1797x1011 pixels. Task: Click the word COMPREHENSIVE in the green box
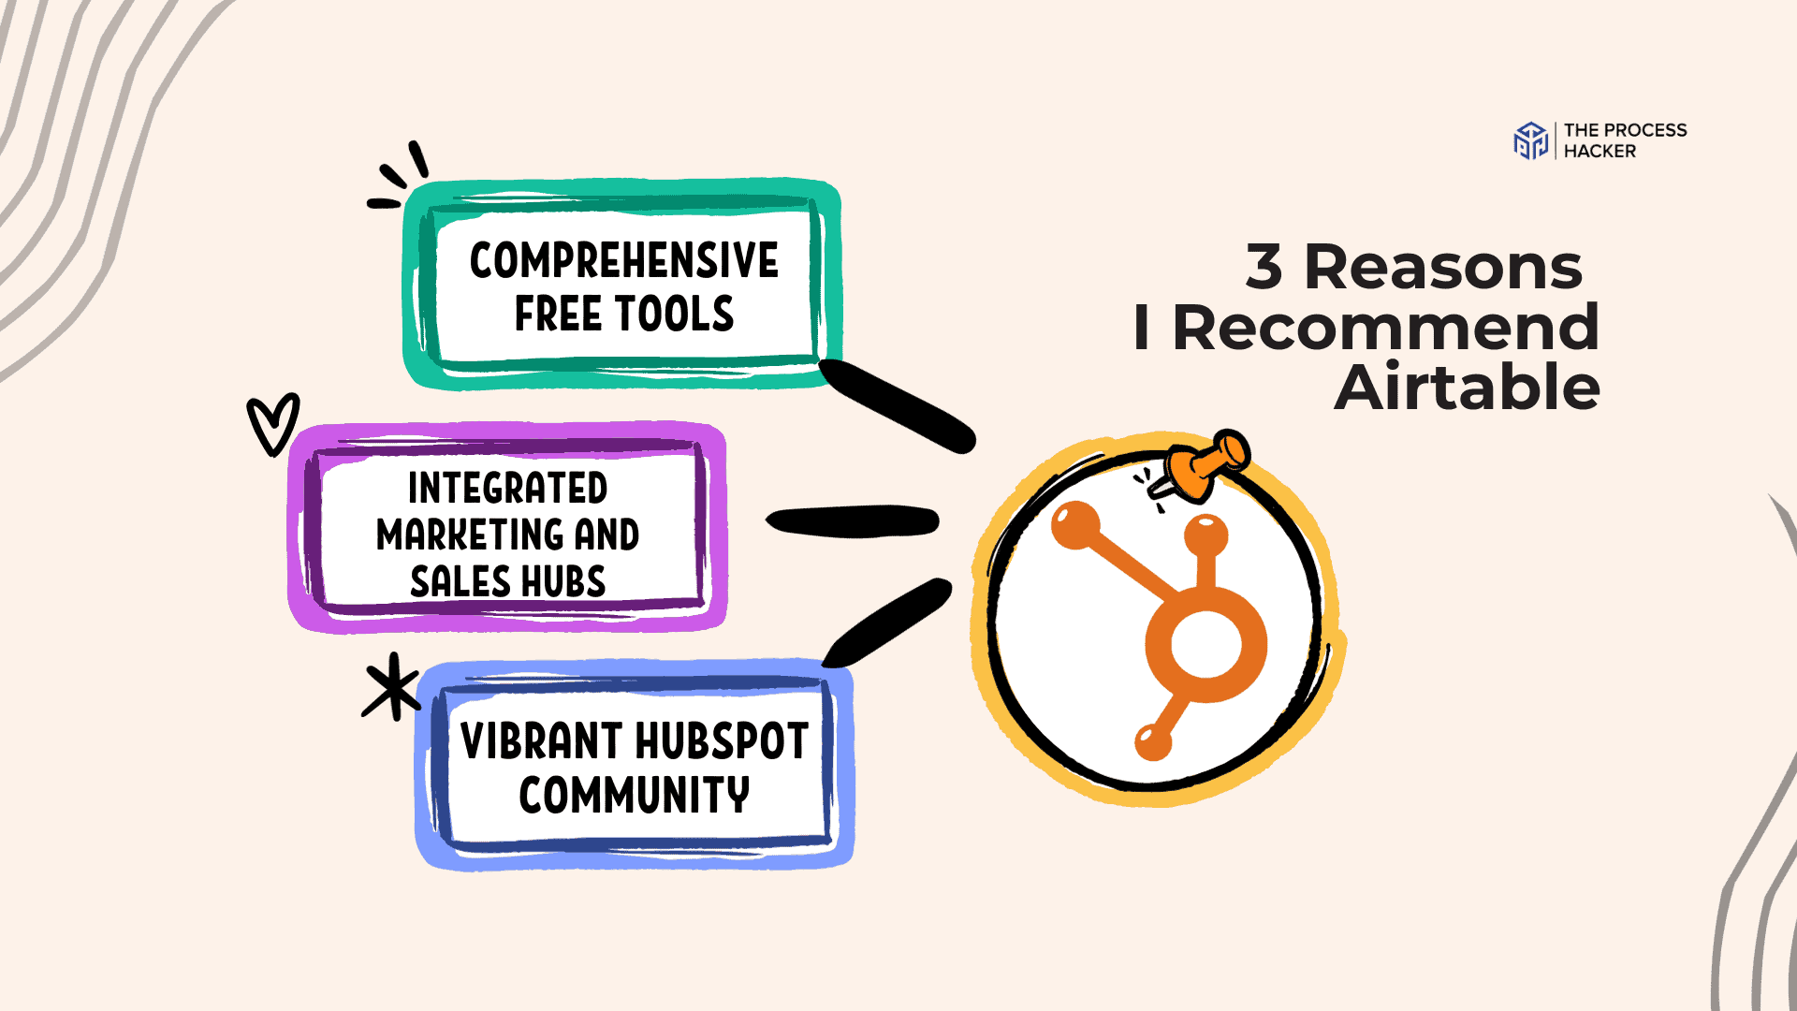click(x=623, y=260)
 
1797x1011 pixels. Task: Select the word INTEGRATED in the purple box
click(x=507, y=488)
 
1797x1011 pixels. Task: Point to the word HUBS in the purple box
click(x=562, y=581)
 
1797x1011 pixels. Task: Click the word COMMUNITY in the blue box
click(x=634, y=795)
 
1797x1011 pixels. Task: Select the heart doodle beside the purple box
click(x=272, y=424)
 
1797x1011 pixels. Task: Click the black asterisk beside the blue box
click(x=392, y=687)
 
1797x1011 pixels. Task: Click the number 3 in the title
click(x=1264, y=267)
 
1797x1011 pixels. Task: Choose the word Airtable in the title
click(x=1467, y=388)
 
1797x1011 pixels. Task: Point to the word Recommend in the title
click(x=1385, y=328)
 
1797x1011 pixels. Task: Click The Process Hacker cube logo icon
click(x=1531, y=140)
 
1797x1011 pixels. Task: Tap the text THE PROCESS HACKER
click(x=1625, y=140)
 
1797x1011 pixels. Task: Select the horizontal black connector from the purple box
click(x=852, y=521)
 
